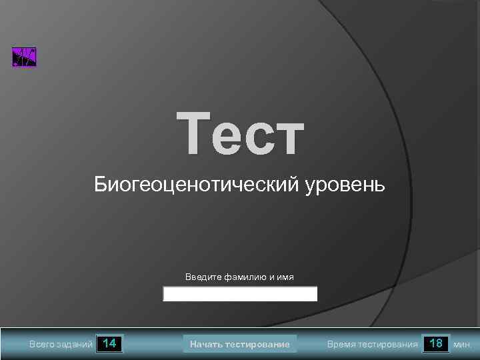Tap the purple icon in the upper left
click(x=25, y=57)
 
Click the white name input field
click(x=240, y=294)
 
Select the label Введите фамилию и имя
click(x=239, y=277)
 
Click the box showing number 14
click(x=110, y=344)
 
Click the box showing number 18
click(x=436, y=344)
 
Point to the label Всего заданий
click(x=61, y=345)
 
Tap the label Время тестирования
click(x=372, y=345)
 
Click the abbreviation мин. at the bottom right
click(x=462, y=345)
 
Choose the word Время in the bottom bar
click(x=341, y=345)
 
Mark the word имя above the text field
click(x=285, y=277)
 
